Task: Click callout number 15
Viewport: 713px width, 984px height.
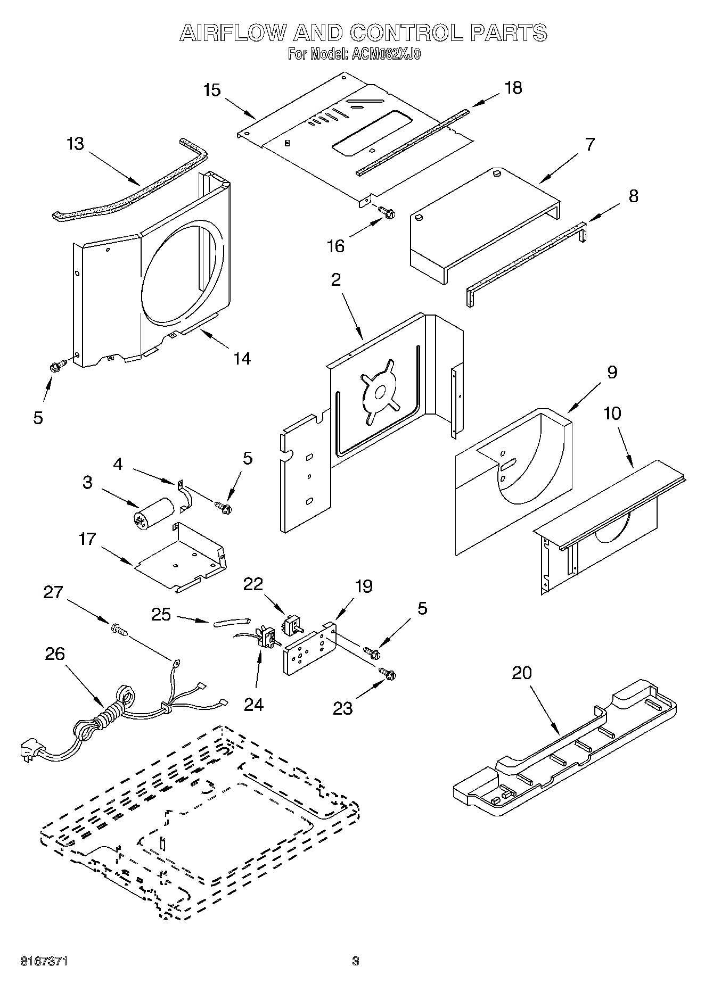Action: tap(212, 90)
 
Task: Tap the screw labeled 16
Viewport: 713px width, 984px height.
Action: tap(386, 213)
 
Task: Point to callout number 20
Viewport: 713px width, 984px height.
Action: tap(521, 673)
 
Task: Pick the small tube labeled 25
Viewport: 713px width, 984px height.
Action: tap(231, 622)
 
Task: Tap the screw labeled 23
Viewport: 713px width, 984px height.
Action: tap(387, 674)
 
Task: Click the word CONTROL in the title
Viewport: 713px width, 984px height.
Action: tap(407, 33)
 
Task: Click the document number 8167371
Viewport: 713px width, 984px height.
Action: tap(44, 961)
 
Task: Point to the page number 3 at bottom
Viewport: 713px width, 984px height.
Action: tap(355, 961)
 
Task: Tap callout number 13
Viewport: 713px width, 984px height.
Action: tap(76, 144)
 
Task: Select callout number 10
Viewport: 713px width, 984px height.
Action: tap(612, 413)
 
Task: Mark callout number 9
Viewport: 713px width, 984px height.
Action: tap(612, 372)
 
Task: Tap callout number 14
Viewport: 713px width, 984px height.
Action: tap(242, 358)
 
